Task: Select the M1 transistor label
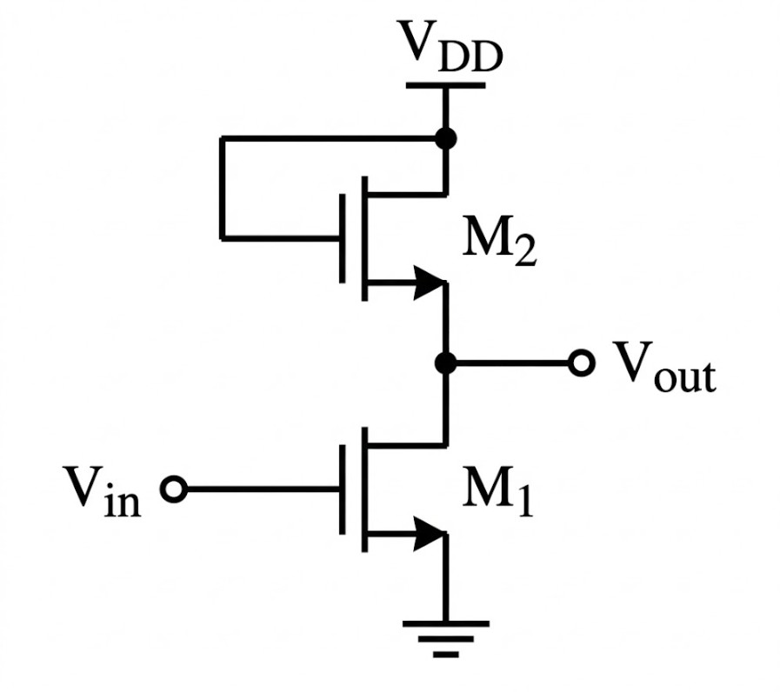tap(495, 494)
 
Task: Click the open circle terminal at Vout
tap(581, 364)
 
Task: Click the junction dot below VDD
tap(445, 138)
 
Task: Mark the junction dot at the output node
tap(445, 364)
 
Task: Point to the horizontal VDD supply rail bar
tap(445, 85)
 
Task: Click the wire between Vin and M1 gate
tap(261, 489)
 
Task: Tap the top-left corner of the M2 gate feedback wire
tap(223, 138)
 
